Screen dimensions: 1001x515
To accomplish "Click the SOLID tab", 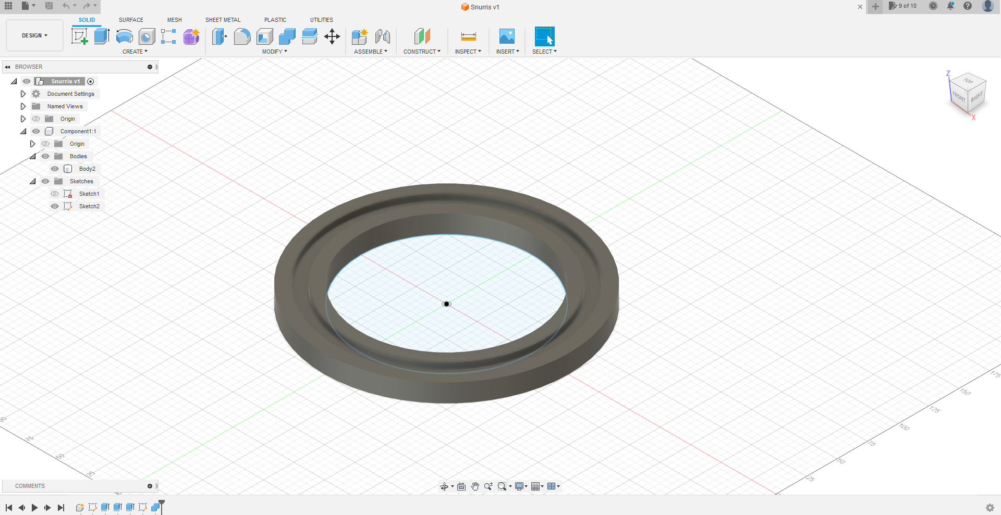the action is point(87,20).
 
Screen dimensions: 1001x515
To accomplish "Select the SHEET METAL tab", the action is point(223,20).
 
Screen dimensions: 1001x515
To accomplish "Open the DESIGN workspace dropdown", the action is point(34,35).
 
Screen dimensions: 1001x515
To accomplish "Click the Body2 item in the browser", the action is point(87,169).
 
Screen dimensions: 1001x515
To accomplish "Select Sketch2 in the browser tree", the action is point(89,206).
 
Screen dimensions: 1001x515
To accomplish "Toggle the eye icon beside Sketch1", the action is point(55,194).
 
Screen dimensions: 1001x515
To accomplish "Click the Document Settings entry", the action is point(71,94).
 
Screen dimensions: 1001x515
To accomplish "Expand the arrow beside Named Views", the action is point(23,106).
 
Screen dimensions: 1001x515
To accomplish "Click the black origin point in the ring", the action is point(446,304).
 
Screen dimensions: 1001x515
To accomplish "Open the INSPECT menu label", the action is point(468,52).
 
